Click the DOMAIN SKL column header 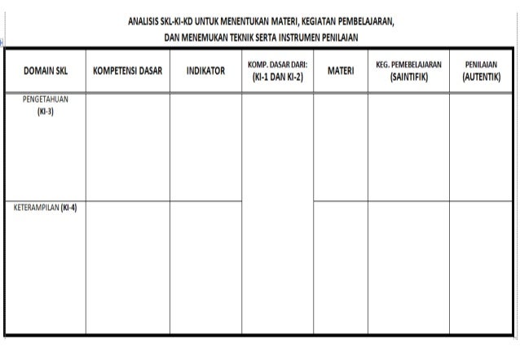tap(46, 71)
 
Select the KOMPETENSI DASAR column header tap(128, 71)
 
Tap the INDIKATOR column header tap(205, 71)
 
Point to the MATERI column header tap(341, 71)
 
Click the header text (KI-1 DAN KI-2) tap(277, 77)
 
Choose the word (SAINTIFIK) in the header tap(408, 77)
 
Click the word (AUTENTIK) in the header tap(481, 77)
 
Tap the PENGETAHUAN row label tap(46, 99)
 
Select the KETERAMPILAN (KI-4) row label tap(46, 207)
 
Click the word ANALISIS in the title tap(144, 21)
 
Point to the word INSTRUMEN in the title tap(306, 37)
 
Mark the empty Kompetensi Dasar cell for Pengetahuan tap(128, 147)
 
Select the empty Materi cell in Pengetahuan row tap(341, 147)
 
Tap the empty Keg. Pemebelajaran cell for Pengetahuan tap(408, 147)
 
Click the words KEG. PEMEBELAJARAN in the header tap(408, 64)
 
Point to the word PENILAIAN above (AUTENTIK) tap(481, 64)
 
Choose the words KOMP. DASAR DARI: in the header tap(277, 64)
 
